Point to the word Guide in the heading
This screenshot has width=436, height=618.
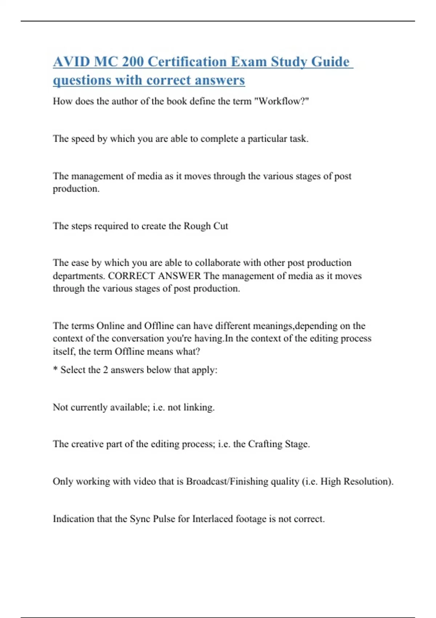[330, 62]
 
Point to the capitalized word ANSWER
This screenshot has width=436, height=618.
[179, 276]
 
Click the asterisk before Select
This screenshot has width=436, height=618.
[55, 369]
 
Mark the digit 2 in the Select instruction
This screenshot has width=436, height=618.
[105, 370]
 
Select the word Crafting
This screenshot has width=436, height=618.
[265, 444]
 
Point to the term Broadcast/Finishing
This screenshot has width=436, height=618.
[242, 481]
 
